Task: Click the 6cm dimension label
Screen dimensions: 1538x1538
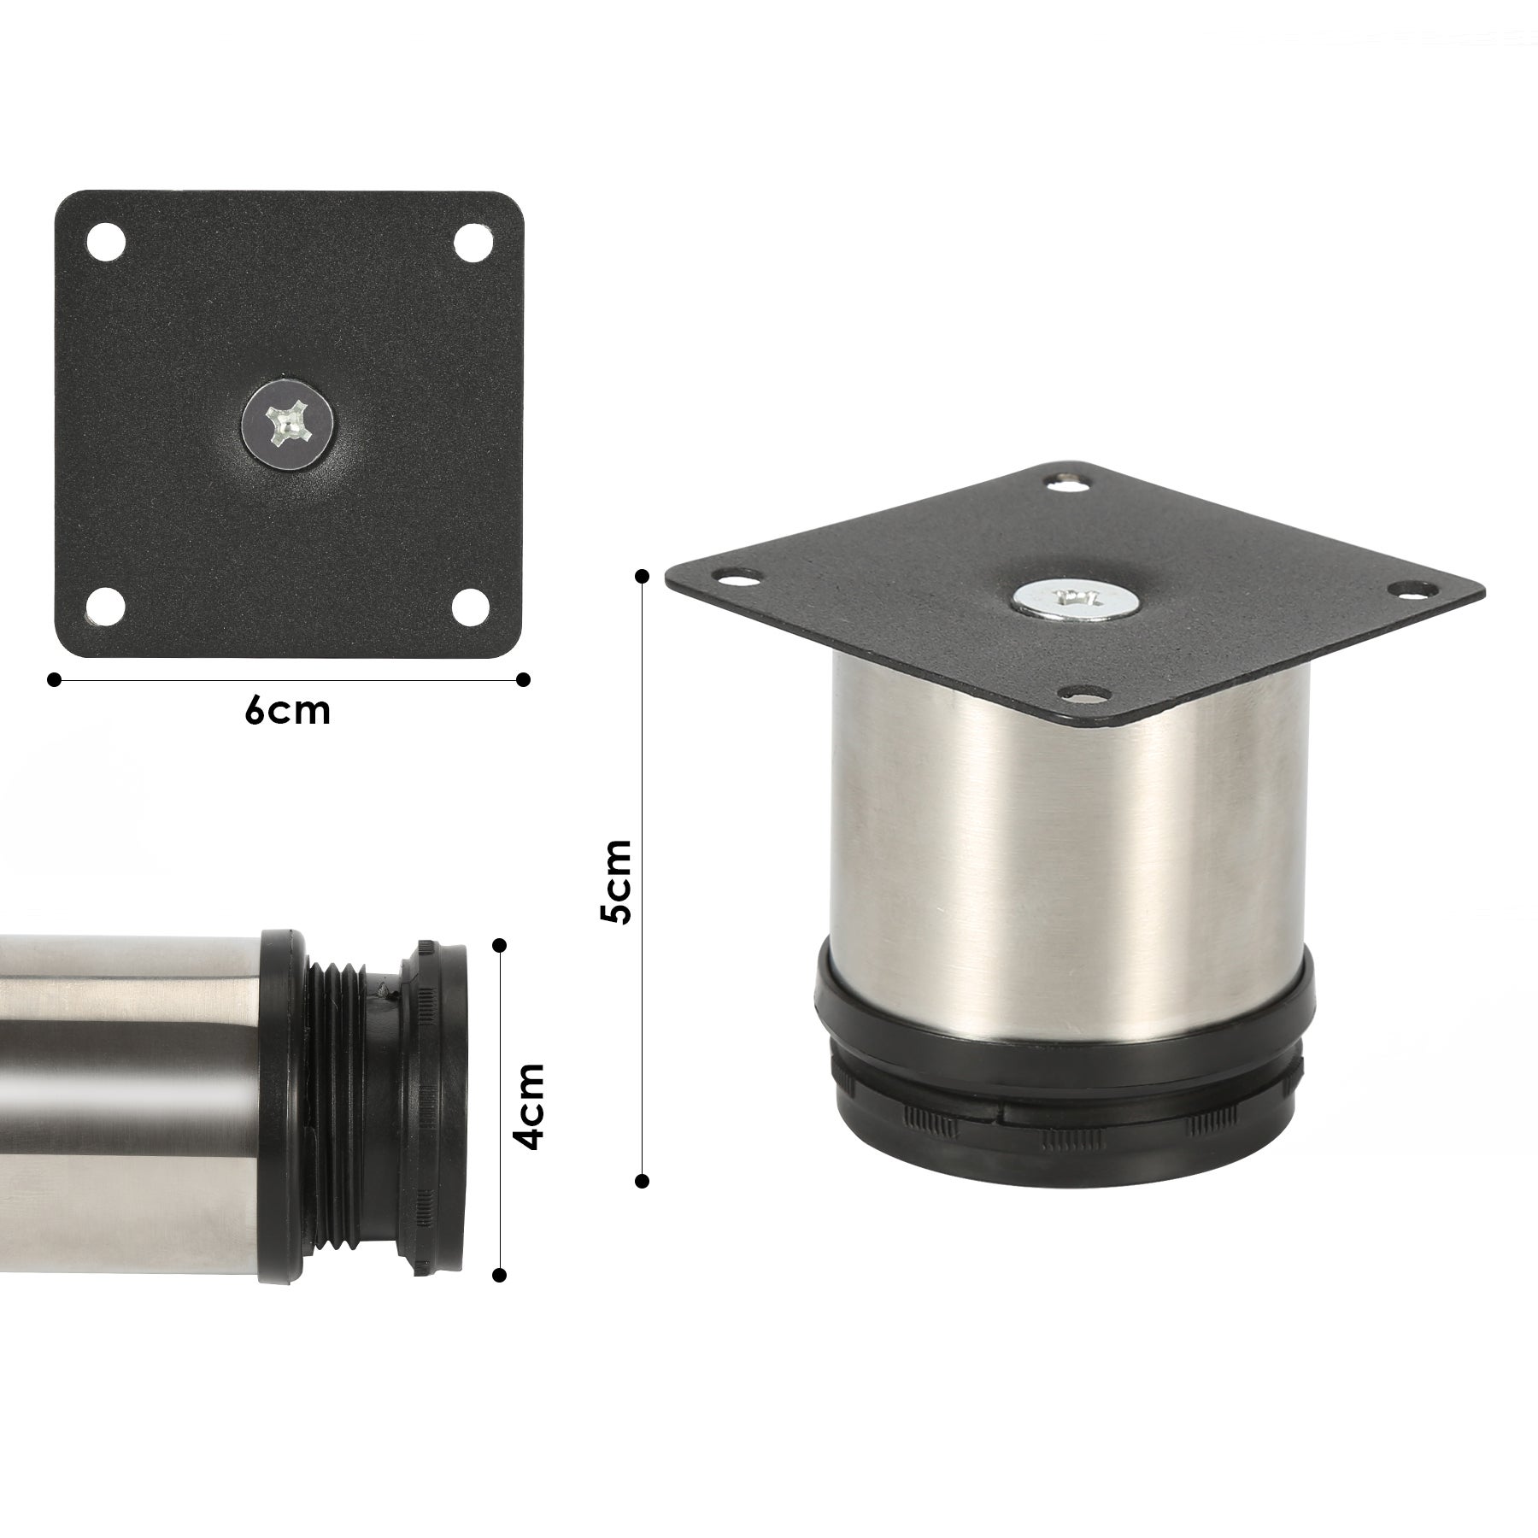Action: [x=287, y=711]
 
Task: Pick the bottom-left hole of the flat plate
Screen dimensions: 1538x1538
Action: [x=107, y=606]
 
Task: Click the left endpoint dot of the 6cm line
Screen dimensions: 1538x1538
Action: [x=55, y=679]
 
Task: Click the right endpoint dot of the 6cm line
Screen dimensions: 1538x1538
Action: [x=524, y=679]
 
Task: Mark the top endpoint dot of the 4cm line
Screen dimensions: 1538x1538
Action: [x=501, y=945]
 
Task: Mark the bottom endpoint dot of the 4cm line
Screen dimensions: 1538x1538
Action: [x=501, y=1275]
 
